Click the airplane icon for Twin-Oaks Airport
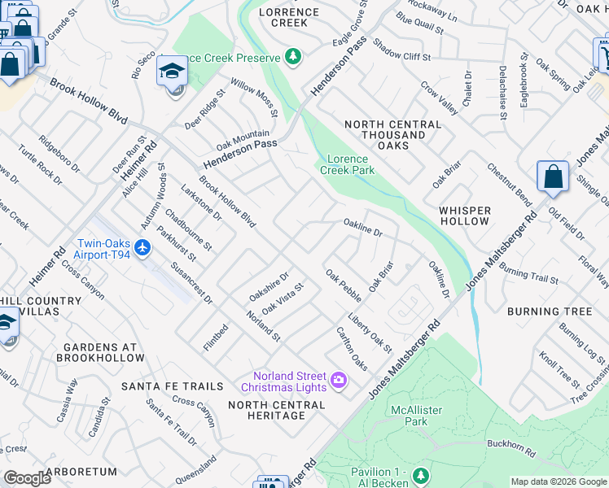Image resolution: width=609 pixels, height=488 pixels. coord(143,246)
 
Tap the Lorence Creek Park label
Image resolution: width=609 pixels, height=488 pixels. coord(348,164)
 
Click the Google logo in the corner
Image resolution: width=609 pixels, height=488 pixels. coord(27,479)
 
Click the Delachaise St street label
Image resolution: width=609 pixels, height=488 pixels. coord(502,92)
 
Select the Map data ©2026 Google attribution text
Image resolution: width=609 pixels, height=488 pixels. coord(558,481)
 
